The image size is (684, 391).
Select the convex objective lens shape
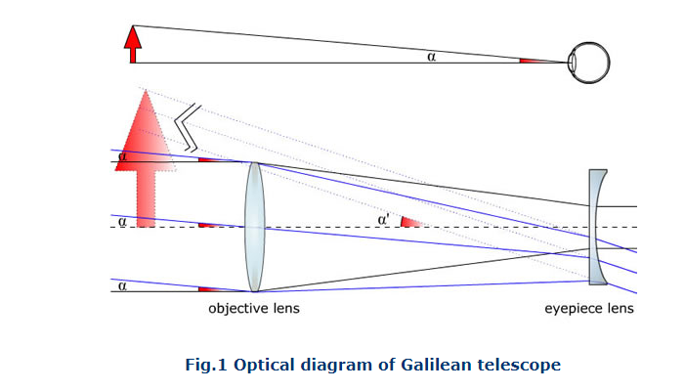point(254,227)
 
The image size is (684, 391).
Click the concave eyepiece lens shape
point(598,227)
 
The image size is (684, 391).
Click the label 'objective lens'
point(254,309)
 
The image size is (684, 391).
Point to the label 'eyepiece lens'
point(589,309)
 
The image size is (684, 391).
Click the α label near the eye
point(431,56)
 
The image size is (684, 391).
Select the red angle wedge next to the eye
point(535,61)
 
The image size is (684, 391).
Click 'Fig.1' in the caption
point(205,365)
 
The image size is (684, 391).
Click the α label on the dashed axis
point(121,222)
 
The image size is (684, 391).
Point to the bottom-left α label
point(121,285)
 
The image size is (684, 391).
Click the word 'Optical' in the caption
point(262,365)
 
